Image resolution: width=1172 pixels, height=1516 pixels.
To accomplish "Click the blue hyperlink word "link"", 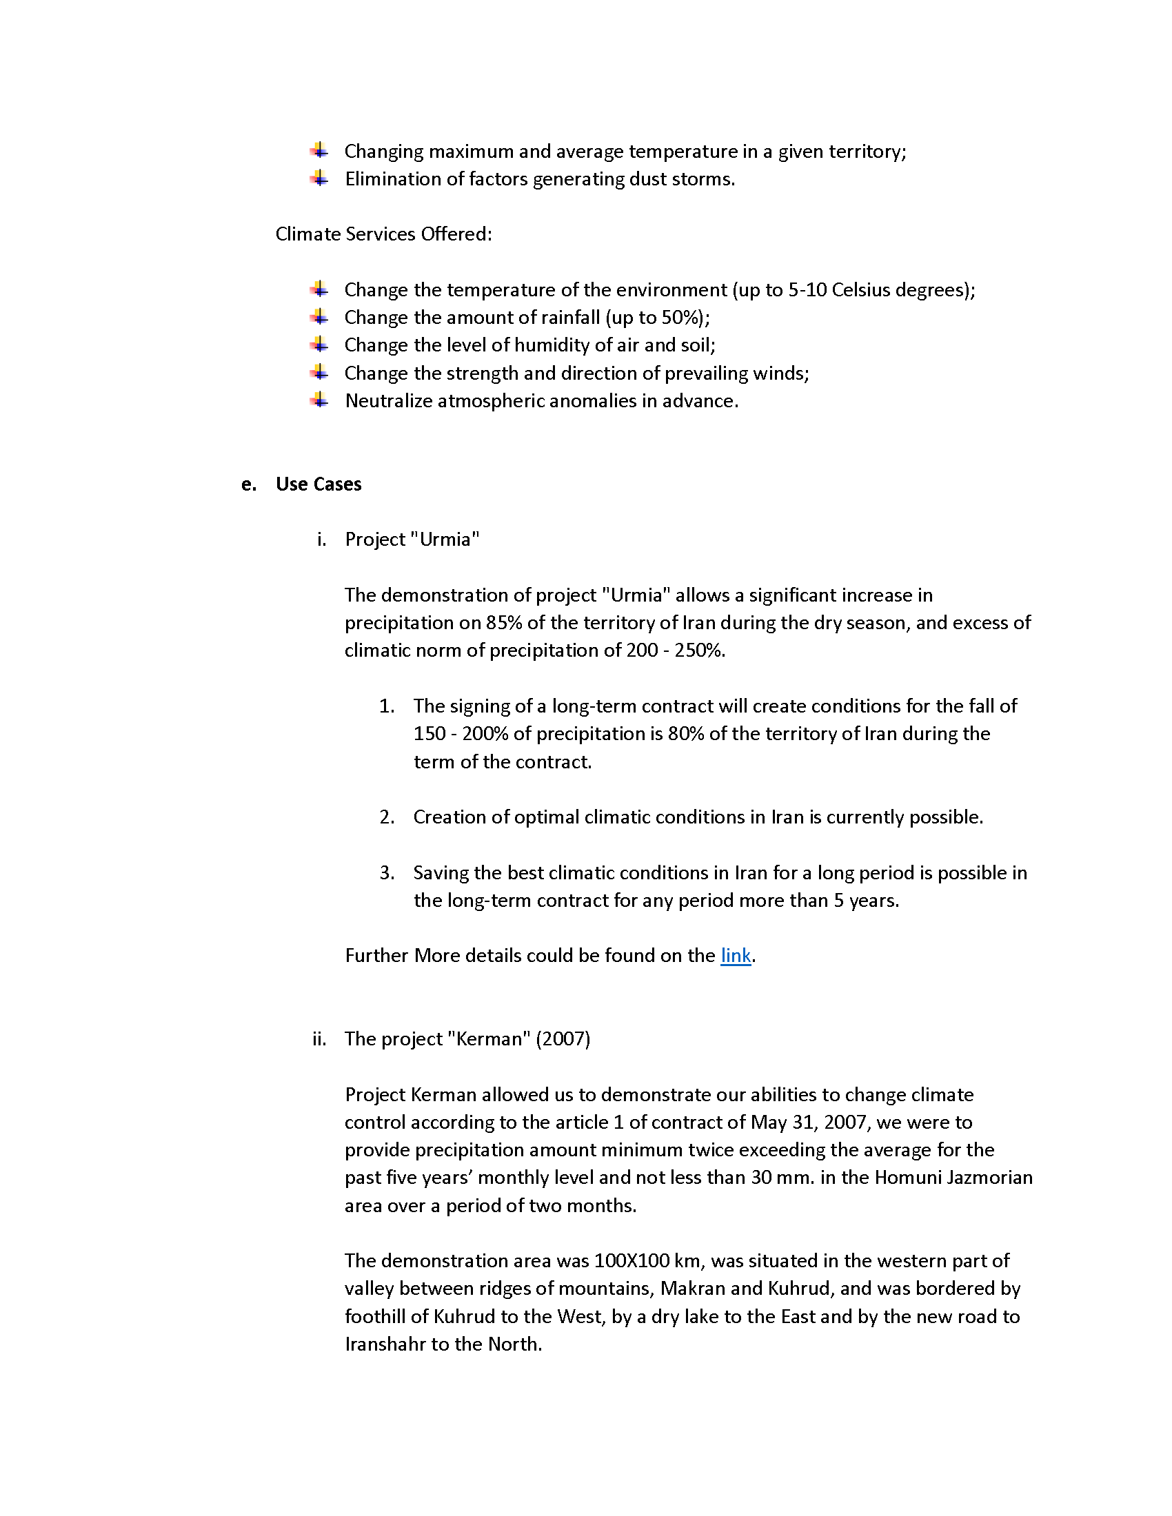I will tap(736, 956).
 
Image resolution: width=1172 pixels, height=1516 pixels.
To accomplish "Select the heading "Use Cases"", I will tap(319, 484).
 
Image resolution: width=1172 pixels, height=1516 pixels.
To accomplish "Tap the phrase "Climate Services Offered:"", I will tap(383, 234).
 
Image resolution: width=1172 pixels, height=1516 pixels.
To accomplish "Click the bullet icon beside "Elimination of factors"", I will tap(319, 178).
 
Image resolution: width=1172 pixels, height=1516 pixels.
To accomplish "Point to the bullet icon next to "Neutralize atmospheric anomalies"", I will tap(319, 400).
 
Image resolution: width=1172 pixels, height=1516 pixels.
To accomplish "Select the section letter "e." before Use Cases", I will tap(249, 484).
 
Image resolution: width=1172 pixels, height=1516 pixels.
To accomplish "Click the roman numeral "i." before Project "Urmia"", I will tap(321, 540).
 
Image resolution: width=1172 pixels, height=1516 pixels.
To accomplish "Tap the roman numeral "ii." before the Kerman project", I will tap(319, 1039).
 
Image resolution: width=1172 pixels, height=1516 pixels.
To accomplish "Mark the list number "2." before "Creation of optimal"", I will tap(387, 817).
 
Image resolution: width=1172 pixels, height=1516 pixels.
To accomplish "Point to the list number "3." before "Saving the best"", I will tap(387, 872).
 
